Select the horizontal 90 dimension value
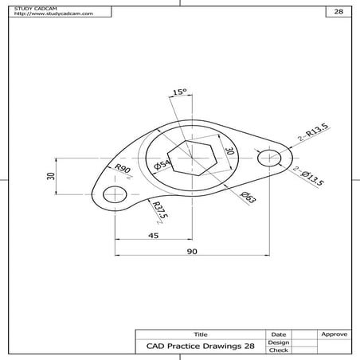191,252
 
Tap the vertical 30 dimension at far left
49,177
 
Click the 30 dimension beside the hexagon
228,151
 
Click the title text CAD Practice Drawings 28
200,346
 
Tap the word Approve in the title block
332,334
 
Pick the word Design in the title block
278,342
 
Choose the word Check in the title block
278,350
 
